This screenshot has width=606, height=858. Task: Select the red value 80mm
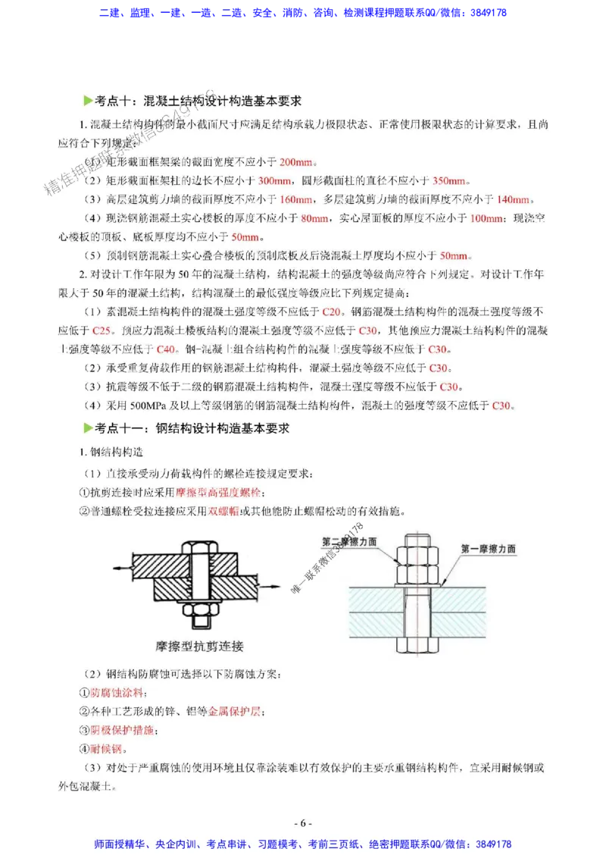coord(314,218)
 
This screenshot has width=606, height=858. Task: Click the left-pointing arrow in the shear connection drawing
coord(121,567)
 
